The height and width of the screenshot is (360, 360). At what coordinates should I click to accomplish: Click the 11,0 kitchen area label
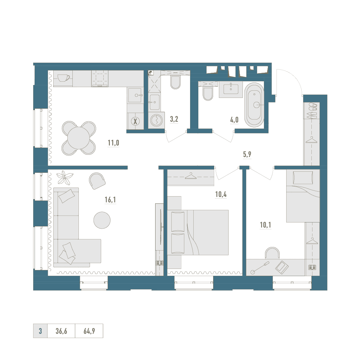click(113, 143)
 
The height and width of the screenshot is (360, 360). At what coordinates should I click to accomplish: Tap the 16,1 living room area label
click(110, 200)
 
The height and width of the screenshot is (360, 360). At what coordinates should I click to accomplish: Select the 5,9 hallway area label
click(247, 154)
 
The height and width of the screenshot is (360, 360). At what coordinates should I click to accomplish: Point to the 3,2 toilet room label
click(174, 119)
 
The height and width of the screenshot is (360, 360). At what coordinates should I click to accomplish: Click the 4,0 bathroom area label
click(234, 120)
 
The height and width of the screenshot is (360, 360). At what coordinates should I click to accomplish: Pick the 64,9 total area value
click(89, 331)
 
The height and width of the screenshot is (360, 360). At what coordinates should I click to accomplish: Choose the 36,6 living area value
click(61, 331)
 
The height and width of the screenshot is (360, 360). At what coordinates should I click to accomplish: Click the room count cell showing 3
click(40, 331)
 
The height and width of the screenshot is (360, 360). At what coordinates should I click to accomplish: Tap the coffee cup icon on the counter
click(63, 78)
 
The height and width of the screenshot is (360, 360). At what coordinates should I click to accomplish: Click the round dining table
click(78, 138)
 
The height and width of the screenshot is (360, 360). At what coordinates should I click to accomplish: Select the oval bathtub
click(254, 105)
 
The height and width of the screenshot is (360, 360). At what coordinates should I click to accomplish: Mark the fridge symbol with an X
click(135, 121)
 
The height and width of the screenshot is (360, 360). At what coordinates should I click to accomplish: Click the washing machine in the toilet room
click(156, 120)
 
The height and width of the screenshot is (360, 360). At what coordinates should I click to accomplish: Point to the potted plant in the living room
click(65, 177)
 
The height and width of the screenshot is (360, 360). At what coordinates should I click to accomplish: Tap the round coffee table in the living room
click(102, 220)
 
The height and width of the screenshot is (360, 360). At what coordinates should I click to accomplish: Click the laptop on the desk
click(282, 267)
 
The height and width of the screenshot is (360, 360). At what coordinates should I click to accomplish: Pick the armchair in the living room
click(97, 181)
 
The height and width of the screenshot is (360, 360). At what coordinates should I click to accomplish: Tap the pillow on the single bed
click(303, 177)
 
